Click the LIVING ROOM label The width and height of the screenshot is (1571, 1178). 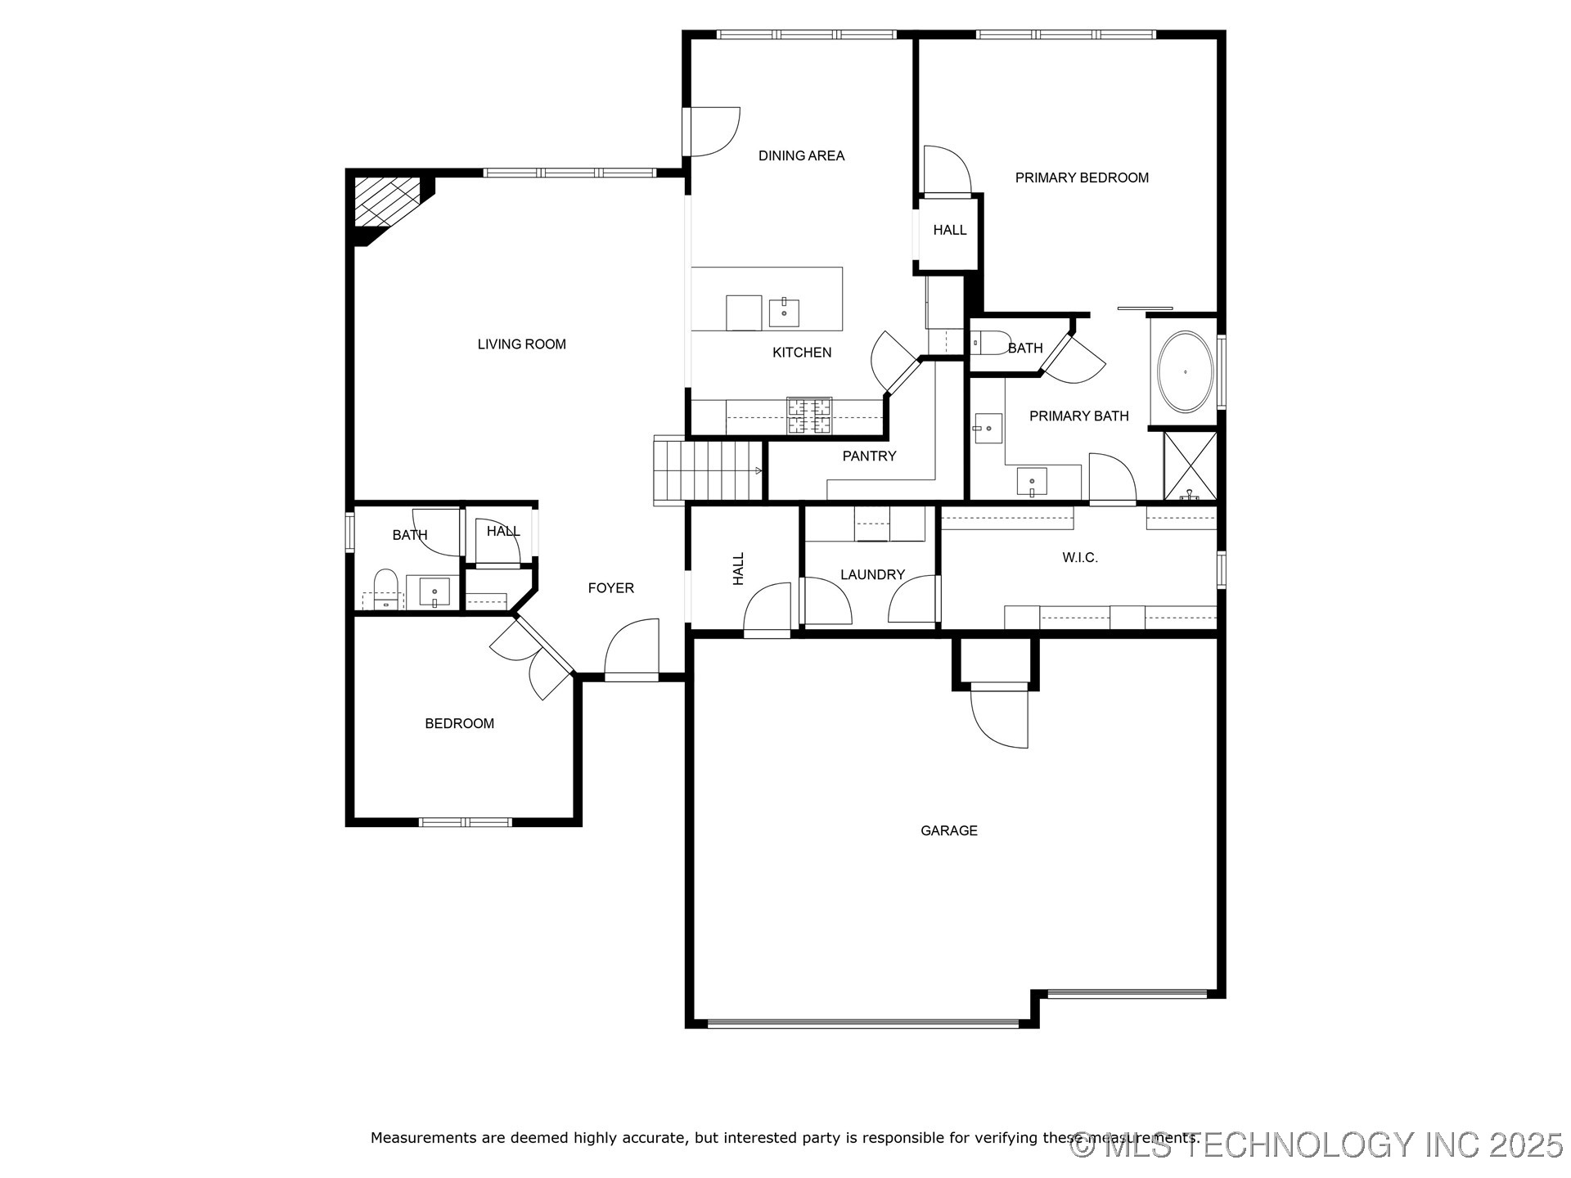click(521, 344)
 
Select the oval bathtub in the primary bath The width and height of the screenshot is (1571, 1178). click(1184, 372)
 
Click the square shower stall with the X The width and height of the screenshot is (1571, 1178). click(1190, 465)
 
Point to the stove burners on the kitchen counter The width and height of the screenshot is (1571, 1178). click(809, 416)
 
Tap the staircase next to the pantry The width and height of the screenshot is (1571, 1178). click(709, 470)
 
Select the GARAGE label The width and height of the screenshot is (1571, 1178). click(948, 830)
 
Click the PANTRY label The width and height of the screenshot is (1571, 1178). click(869, 456)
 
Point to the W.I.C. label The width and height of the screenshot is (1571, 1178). click(1079, 557)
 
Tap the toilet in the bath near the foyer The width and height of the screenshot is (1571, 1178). click(385, 587)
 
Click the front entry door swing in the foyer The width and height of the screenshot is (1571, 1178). click(633, 649)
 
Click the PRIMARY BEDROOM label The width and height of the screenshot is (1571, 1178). click(1081, 178)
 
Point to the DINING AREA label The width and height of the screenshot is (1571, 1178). click(801, 155)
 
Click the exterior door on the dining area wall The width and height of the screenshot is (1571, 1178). click(712, 132)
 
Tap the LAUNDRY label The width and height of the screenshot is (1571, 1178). click(872, 574)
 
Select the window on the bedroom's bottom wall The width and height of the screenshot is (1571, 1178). click(465, 822)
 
